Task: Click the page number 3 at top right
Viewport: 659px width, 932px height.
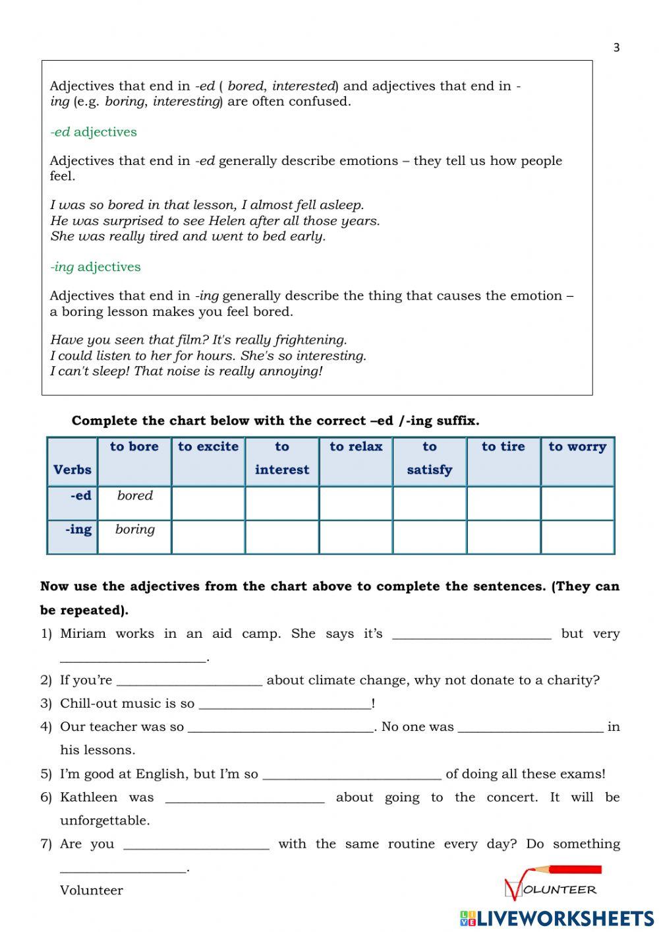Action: [616, 47]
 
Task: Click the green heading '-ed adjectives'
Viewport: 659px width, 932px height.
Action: [94, 132]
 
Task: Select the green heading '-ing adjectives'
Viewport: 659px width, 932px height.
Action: [96, 267]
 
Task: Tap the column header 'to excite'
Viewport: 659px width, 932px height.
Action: [208, 447]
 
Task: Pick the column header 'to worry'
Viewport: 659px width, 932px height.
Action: [577, 447]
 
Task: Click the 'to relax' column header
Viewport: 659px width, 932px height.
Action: [356, 447]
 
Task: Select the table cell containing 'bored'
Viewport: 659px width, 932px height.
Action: [134, 496]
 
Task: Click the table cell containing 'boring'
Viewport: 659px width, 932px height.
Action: [134, 530]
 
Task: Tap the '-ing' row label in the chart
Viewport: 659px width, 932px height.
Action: [78, 530]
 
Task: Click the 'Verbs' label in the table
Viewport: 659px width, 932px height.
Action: [72, 470]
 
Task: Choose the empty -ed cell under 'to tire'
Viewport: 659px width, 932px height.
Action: [503, 503]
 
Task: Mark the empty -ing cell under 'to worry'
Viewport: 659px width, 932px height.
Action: [577, 537]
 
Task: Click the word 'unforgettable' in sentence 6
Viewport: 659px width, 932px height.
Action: [105, 821]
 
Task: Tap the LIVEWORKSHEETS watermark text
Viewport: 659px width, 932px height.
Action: [565, 918]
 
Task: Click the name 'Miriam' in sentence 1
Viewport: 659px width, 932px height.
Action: [82, 634]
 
